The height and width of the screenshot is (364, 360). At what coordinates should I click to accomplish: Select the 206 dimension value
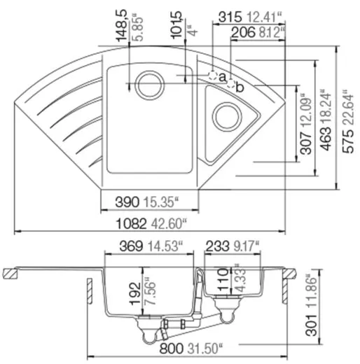(242, 31)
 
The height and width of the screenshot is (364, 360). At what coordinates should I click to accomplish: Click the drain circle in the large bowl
(150, 84)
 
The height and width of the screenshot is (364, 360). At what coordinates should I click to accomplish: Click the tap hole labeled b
(229, 85)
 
